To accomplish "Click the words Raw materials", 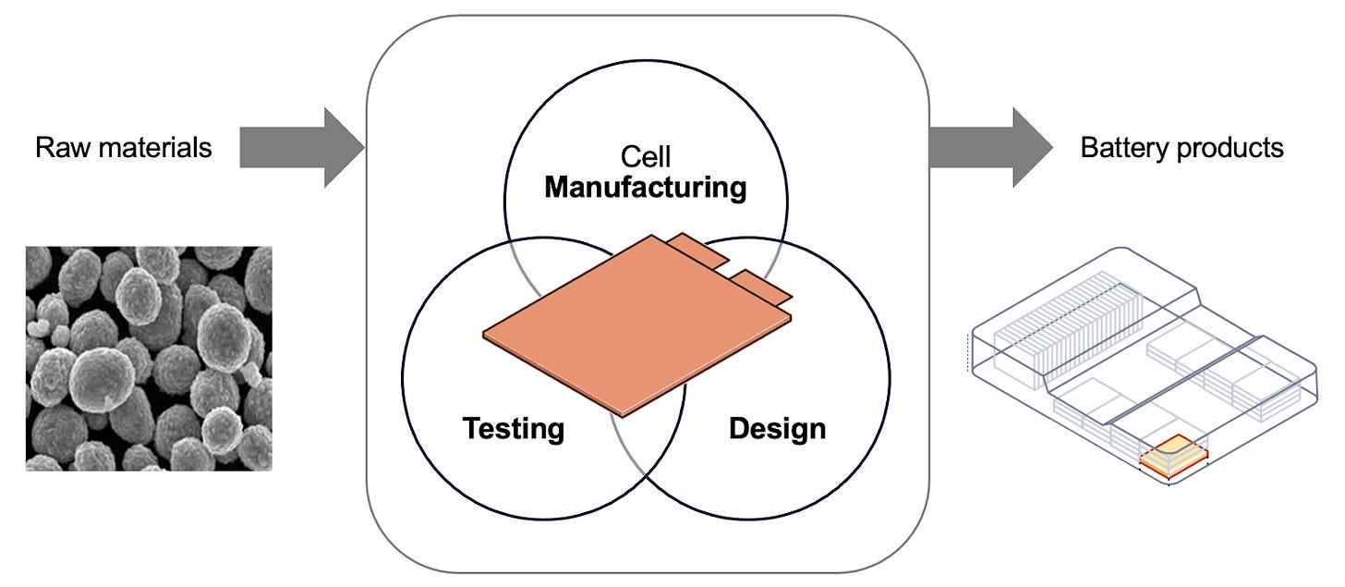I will click(123, 148).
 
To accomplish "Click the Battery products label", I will click(1181, 148).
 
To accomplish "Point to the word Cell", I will click(646, 156).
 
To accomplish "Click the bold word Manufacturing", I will click(645, 188).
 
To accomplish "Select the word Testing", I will click(513, 429).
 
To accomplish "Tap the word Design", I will click(777, 429).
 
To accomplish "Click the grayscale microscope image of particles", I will click(149, 358).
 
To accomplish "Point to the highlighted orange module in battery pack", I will click(1172, 452).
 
